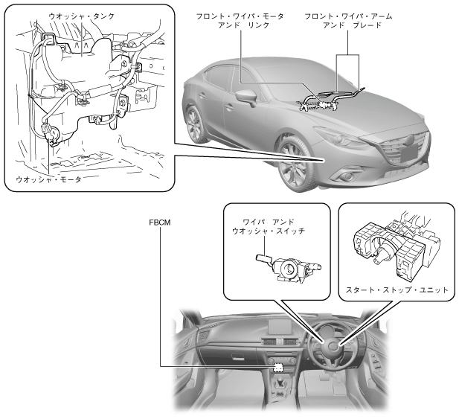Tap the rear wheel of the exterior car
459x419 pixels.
tap(196, 123)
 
